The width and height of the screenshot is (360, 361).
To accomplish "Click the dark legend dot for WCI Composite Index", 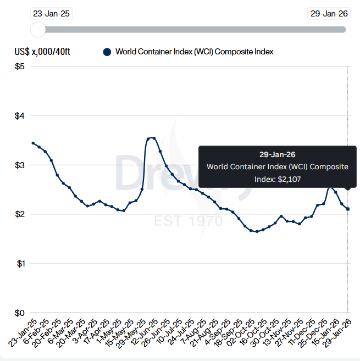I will (107, 52).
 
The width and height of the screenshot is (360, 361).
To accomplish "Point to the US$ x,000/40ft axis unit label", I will (42, 52).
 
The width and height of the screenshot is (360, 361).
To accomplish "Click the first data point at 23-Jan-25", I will (33, 143).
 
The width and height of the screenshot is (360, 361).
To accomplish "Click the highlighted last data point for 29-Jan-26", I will (347, 209).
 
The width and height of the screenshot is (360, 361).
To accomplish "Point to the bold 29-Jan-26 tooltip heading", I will (278, 154).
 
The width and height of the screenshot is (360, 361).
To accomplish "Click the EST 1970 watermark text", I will (189, 221).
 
